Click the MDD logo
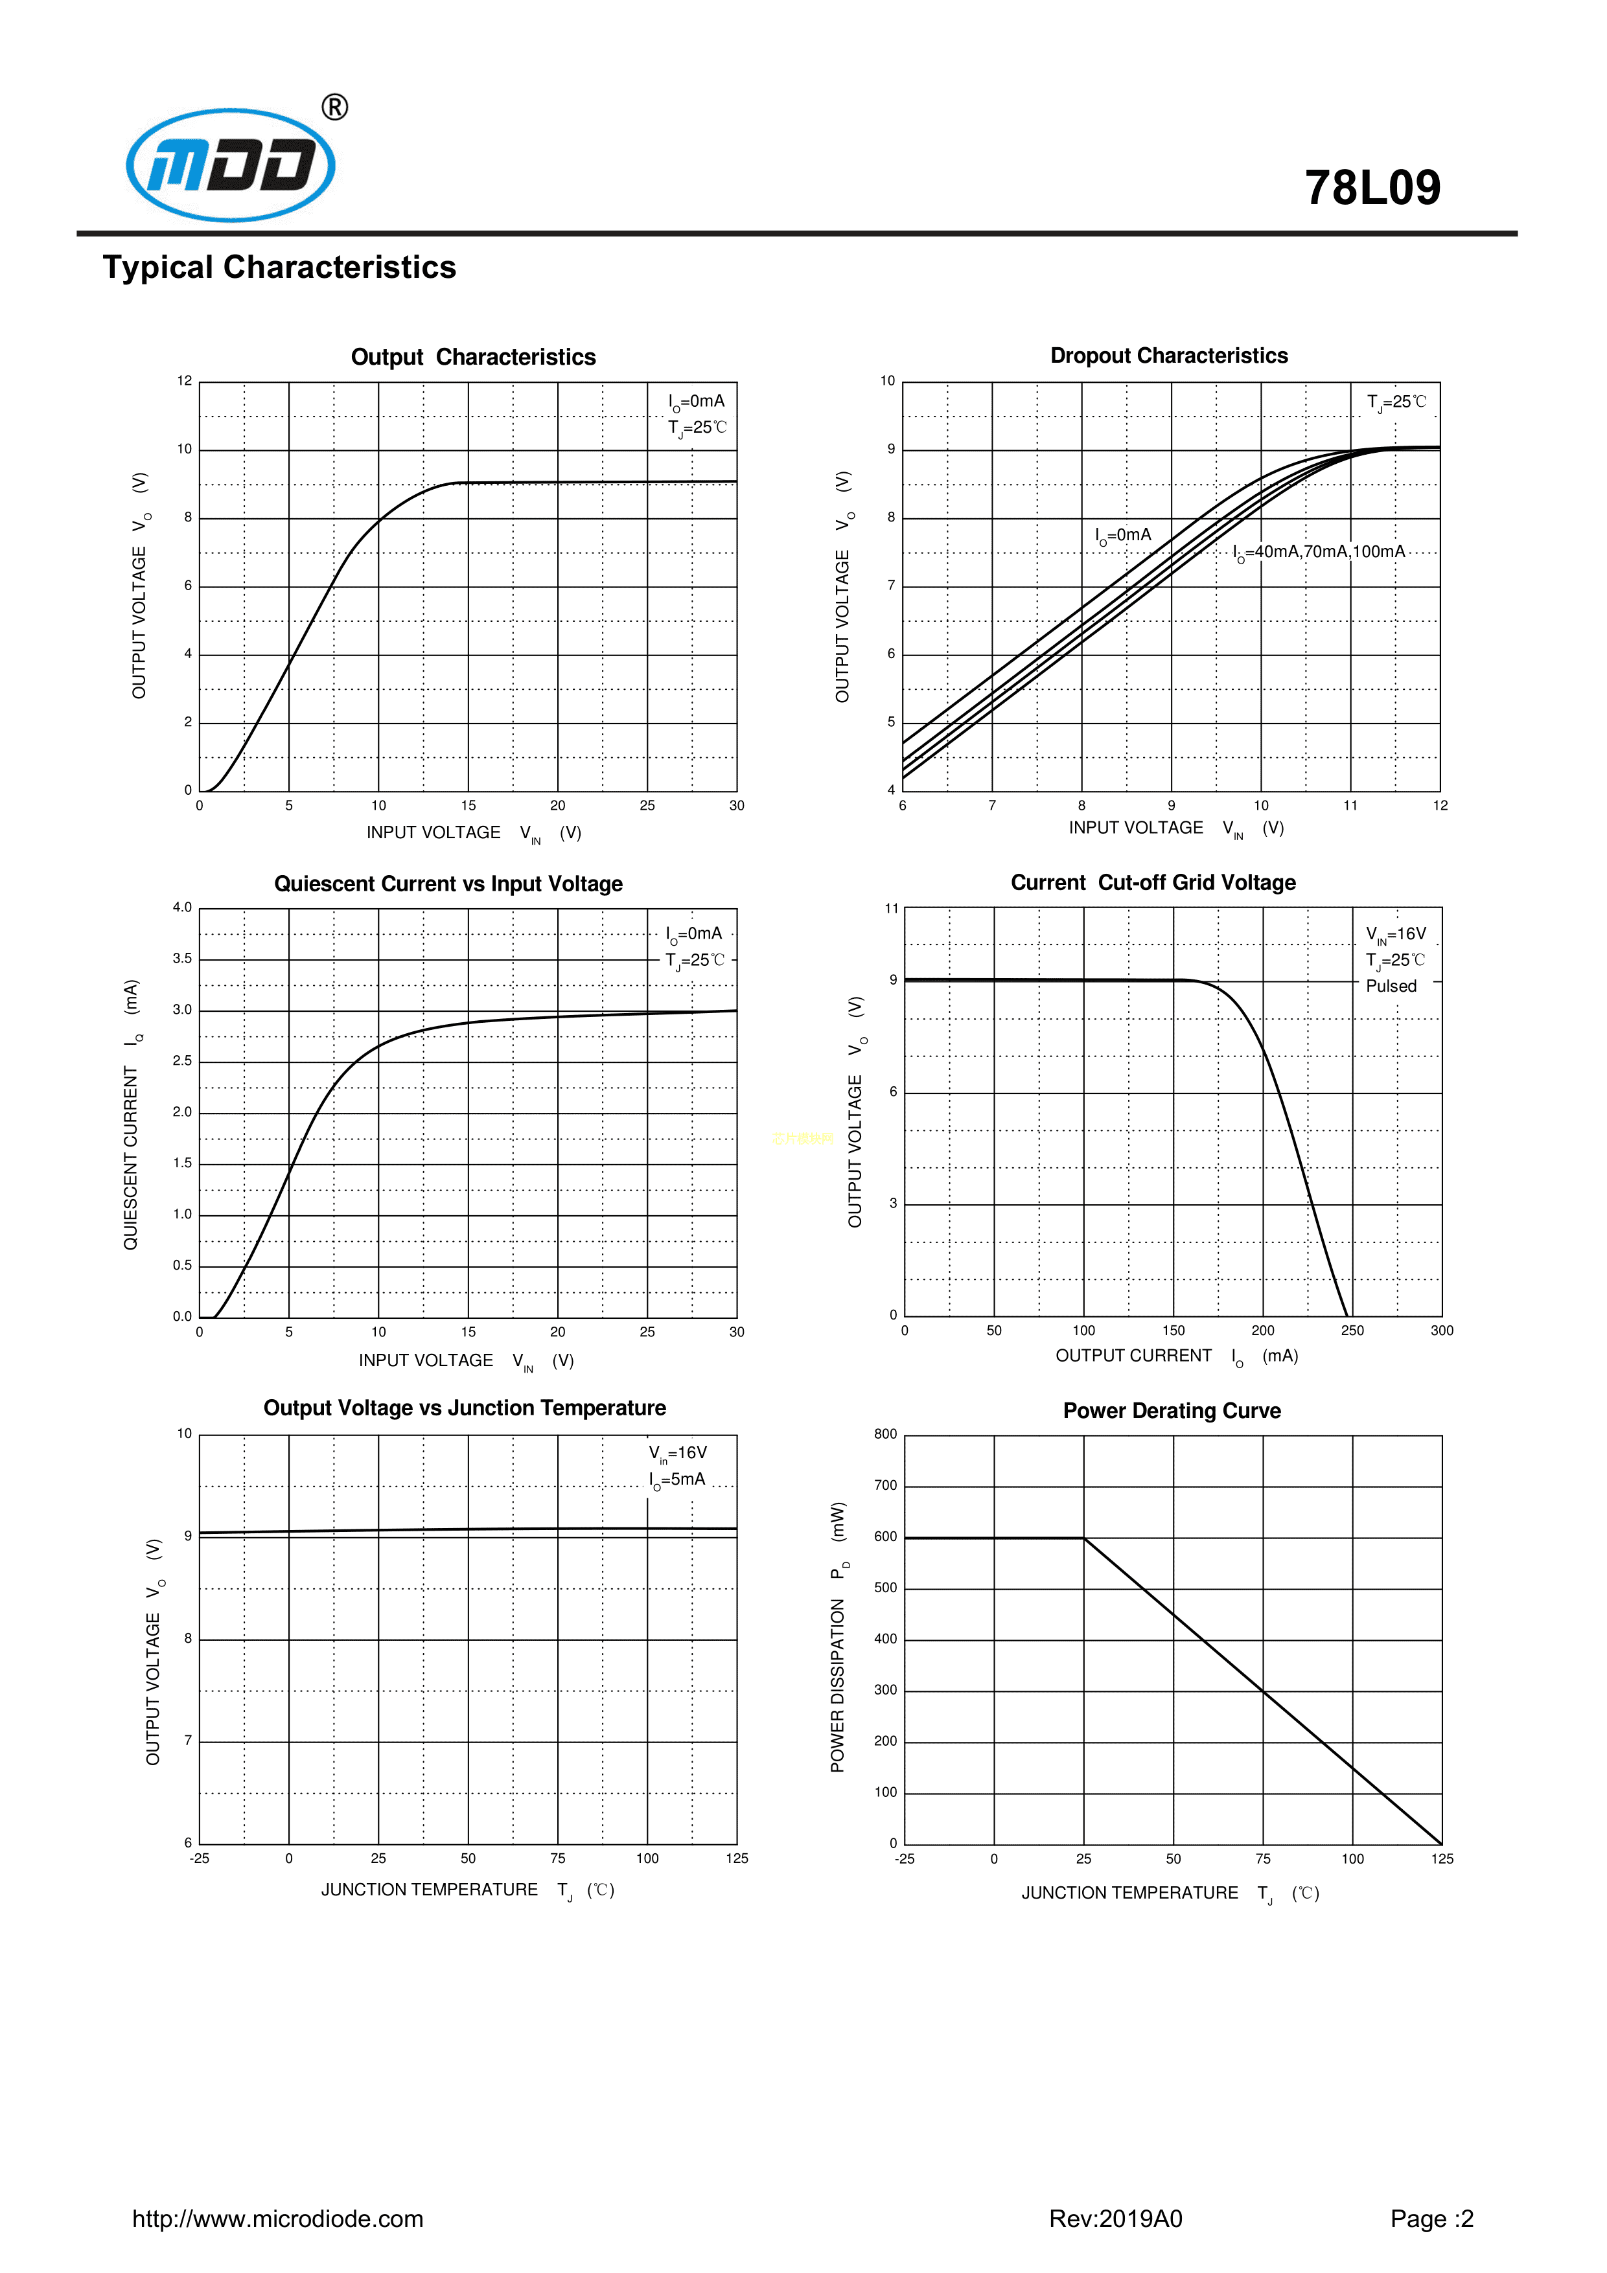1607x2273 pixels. pyautogui.click(x=231, y=165)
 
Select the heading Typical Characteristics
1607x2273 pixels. pyautogui.click(x=279, y=268)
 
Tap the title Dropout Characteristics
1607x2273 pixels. pyautogui.click(x=1168, y=356)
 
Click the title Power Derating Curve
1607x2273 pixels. pyautogui.click(x=1172, y=1411)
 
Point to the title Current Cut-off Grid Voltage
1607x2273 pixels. pyautogui.click(x=1153, y=882)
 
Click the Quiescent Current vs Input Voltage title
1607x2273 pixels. pyautogui.click(x=448, y=884)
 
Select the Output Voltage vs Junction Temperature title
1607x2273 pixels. pyautogui.click(x=465, y=1408)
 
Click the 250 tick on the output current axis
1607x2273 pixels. pyautogui.click(x=1352, y=1331)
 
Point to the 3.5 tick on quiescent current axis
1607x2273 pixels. pyautogui.click(x=182, y=958)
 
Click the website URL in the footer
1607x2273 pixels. pyautogui.click(x=277, y=2219)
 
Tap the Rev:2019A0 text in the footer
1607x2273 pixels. pyautogui.click(x=1115, y=2219)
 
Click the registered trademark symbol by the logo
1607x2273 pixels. pyautogui.click(x=334, y=107)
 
